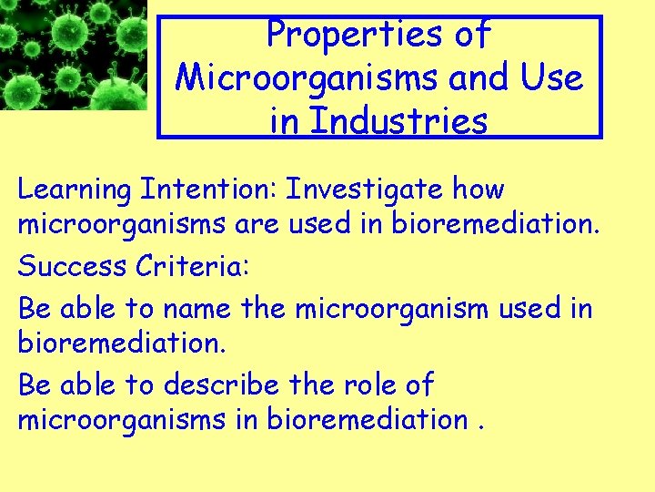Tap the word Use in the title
tap(552, 77)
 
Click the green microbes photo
tap(73, 55)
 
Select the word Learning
tap(75, 190)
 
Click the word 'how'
tap(479, 190)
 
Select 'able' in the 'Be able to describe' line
tap(87, 385)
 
